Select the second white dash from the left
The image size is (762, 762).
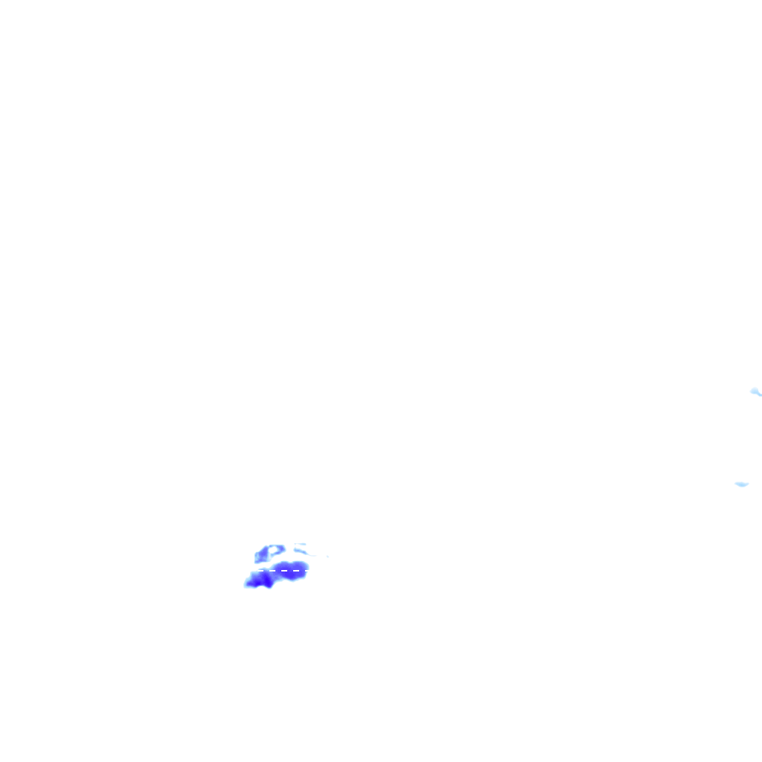tap(273, 571)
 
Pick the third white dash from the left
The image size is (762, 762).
tap(284, 571)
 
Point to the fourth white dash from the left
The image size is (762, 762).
tap(295, 571)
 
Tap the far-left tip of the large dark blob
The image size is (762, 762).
tap(246, 585)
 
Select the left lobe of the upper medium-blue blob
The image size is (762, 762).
tap(260, 555)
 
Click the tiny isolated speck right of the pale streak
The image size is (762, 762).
tap(327, 556)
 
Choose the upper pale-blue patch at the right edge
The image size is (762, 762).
tap(755, 391)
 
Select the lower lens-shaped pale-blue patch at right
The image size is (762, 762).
tap(741, 484)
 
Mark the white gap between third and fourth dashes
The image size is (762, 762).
tap(290, 571)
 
